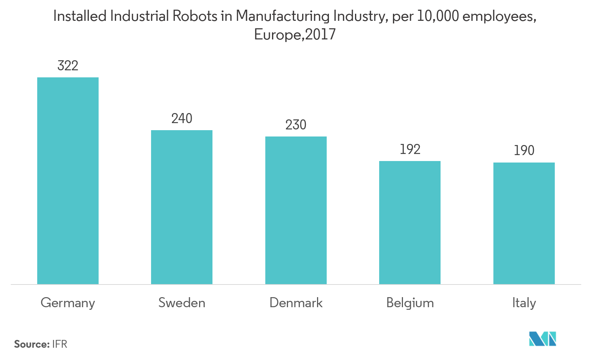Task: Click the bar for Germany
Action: click(x=68, y=181)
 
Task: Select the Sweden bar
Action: click(x=182, y=207)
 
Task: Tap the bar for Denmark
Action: click(x=296, y=210)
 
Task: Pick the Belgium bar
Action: click(x=410, y=222)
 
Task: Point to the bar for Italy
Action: click(x=524, y=223)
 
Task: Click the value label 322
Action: click(x=68, y=66)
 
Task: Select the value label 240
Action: click(x=182, y=119)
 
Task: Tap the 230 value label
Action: click(x=296, y=125)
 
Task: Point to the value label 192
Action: click(x=410, y=150)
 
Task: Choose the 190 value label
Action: click(x=524, y=151)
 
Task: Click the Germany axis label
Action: click(x=68, y=303)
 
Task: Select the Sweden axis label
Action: click(x=182, y=303)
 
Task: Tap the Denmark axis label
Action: click(x=296, y=303)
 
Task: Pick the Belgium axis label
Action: click(x=410, y=303)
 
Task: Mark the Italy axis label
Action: click(x=524, y=303)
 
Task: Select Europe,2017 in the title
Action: click(x=295, y=35)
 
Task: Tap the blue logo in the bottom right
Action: click(x=543, y=339)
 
